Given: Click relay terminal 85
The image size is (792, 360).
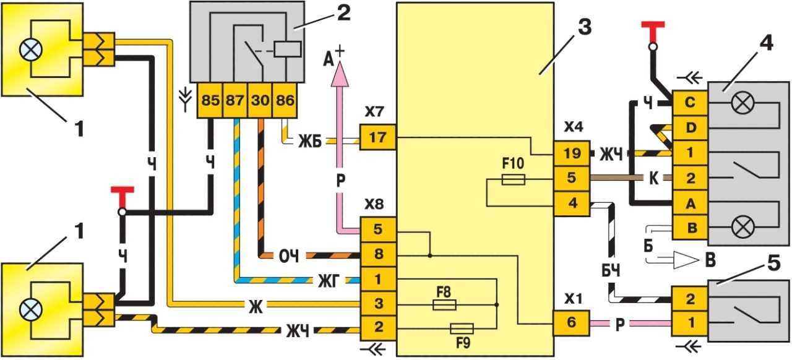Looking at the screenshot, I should coord(210,100).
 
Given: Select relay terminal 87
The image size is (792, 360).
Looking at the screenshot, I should coord(236,100).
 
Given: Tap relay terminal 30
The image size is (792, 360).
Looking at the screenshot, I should coord(260,100).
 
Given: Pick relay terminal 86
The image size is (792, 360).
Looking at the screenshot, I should coord(285,100).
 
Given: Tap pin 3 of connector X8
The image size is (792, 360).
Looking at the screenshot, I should coord(377,304).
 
